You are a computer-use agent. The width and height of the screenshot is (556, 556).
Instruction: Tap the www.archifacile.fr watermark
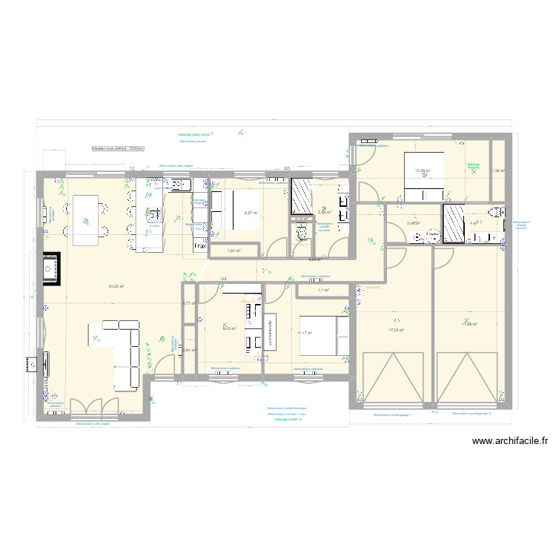tap(511, 442)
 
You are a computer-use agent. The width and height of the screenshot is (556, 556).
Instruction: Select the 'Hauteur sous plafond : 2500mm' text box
tap(122, 148)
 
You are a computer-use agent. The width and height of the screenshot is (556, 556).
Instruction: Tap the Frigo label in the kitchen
tap(199, 246)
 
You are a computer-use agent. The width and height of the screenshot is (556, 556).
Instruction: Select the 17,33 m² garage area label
tap(397, 331)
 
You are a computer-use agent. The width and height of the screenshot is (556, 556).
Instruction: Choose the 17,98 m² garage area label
tap(469, 323)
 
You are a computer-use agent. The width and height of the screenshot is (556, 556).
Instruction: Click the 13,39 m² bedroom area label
tap(423, 171)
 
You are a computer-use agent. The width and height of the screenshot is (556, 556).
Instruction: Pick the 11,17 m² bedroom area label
tap(304, 334)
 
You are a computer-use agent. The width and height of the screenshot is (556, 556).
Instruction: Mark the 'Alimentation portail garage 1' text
tap(392, 415)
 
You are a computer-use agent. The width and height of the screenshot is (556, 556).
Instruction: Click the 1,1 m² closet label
tap(322, 290)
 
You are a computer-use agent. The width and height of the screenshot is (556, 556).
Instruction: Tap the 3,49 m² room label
tap(413, 222)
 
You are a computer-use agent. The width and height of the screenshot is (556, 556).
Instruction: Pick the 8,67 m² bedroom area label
tap(251, 213)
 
